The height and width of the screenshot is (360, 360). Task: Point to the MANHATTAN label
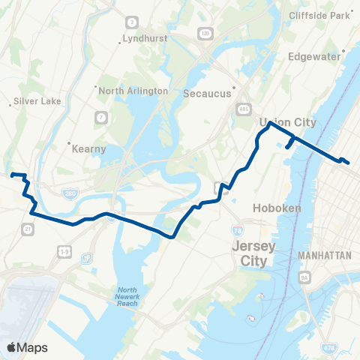pyautogui.click(x=324, y=256)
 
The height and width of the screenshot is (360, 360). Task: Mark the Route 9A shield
pyautogui.click(x=304, y=278)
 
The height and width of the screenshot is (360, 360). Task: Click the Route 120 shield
pyautogui.click(x=205, y=34)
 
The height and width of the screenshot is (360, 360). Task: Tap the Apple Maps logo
pyautogui.click(x=27, y=346)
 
